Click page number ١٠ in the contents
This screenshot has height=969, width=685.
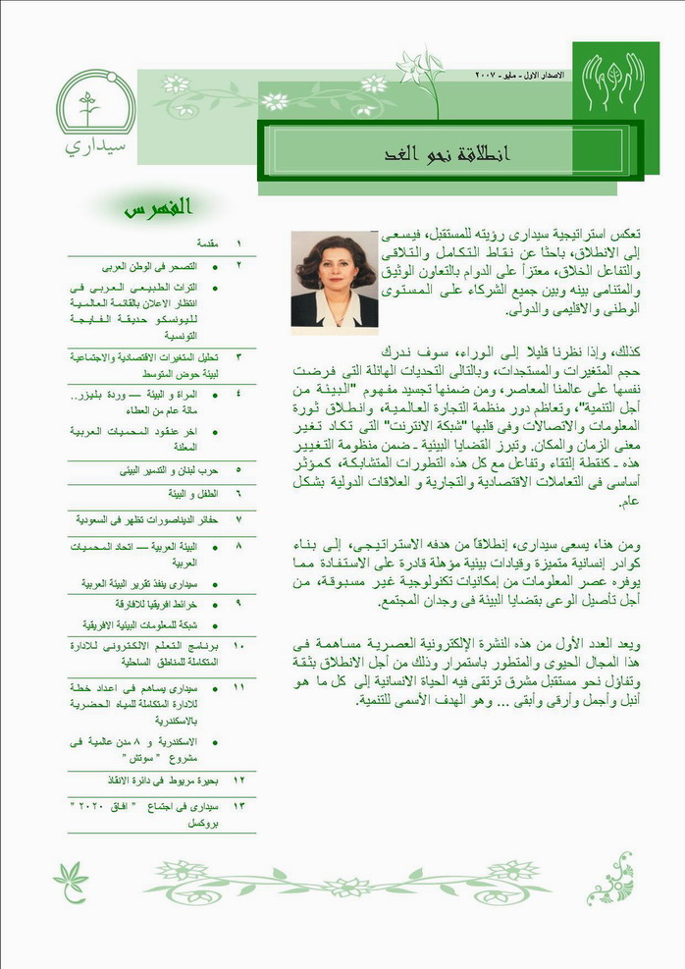click(238, 645)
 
